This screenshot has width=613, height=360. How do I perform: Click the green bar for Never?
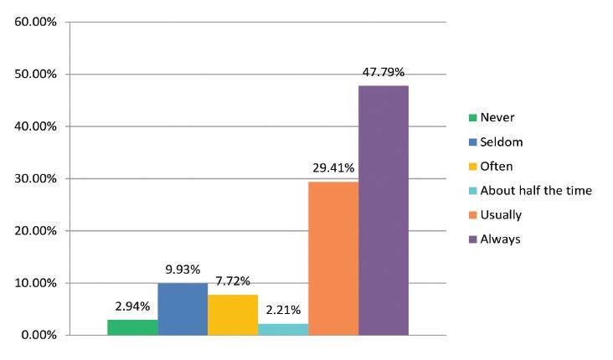point(132,327)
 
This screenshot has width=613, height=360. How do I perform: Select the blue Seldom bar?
point(183,309)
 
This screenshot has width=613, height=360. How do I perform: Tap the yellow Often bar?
point(233,315)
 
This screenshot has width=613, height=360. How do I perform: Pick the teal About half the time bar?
point(283,329)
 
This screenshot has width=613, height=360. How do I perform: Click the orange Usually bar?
point(333,258)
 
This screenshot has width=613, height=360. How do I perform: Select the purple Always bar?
point(384,210)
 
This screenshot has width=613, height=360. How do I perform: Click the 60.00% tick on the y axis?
point(35,22)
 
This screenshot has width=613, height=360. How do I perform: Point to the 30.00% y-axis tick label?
point(35,178)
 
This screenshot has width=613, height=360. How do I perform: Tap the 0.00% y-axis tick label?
point(39,335)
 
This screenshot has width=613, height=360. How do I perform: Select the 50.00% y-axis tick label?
point(35,74)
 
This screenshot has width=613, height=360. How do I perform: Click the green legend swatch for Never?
point(471,118)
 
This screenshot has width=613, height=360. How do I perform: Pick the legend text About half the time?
point(536,191)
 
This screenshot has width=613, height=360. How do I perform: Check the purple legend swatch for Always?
point(471,239)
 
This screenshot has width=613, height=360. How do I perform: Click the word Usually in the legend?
point(501,215)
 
